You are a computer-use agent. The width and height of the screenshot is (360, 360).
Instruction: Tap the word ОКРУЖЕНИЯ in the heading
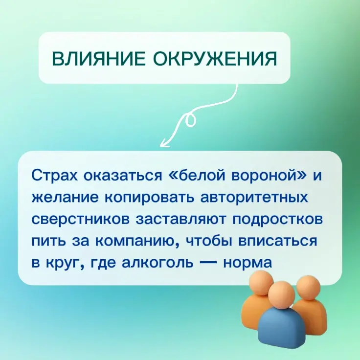[x=215, y=58]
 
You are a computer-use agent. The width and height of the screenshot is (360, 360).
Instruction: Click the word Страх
[x=55, y=176]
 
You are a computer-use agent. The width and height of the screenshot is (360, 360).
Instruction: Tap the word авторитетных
[x=254, y=198]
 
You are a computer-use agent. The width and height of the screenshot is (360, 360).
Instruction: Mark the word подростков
[x=277, y=219]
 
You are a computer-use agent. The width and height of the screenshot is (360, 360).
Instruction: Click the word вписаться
[x=277, y=241]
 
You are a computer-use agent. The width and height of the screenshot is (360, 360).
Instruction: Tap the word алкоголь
[x=157, y=263]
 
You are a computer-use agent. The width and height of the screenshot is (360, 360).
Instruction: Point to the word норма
[x=247, y=263]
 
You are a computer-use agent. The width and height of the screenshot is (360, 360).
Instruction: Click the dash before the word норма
[x=208, y=263]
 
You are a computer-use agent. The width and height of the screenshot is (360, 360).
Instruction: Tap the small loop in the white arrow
[x=190, y=120]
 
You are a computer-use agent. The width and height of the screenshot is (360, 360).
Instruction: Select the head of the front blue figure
[x=281, y=295]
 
